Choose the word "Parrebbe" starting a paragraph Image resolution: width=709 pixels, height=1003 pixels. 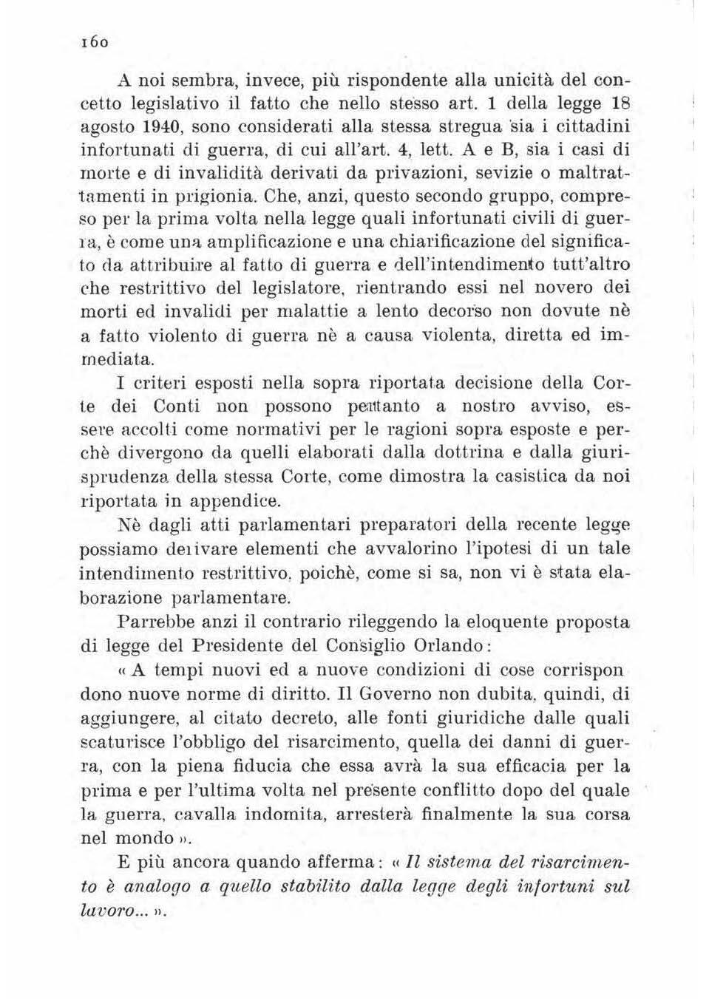(153, 621)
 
